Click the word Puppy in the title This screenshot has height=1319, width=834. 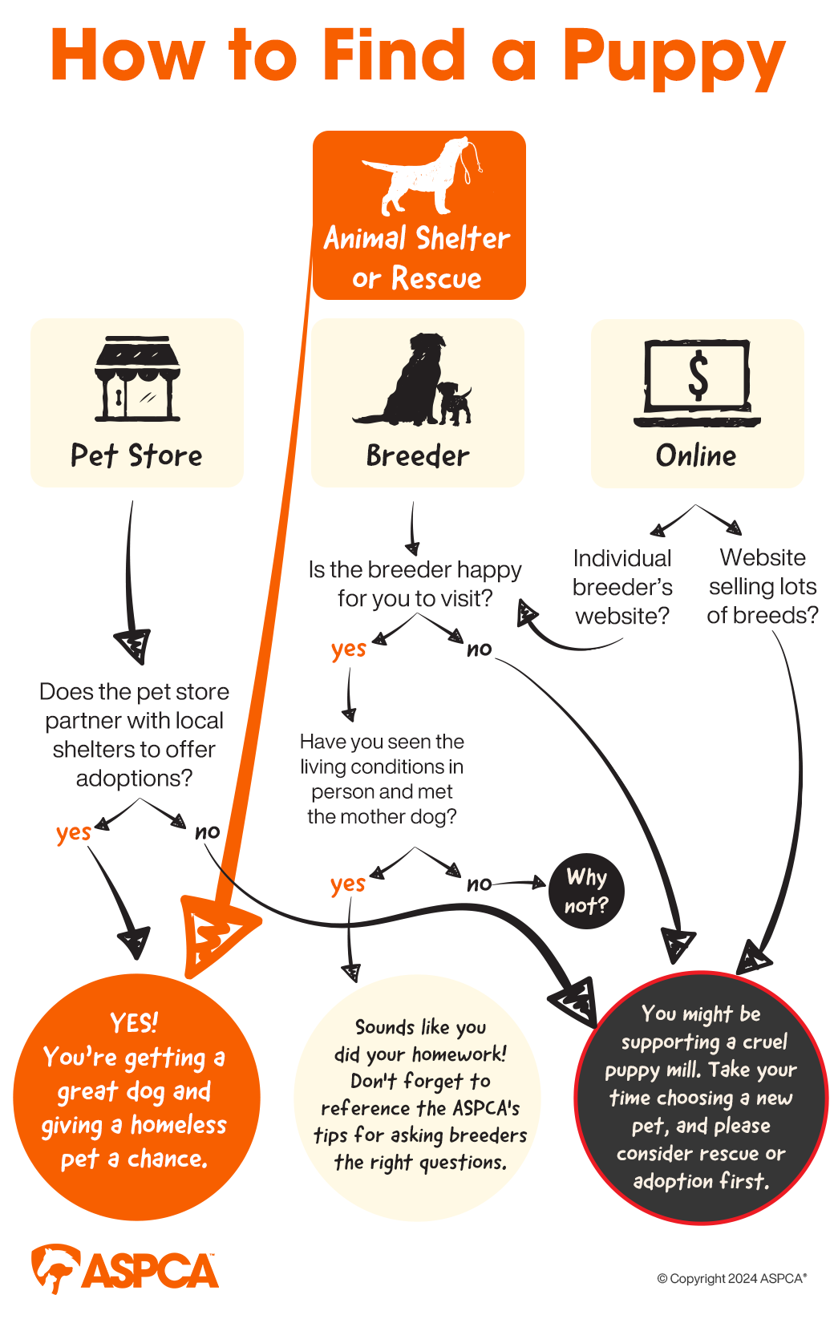673,58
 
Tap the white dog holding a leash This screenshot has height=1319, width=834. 421,176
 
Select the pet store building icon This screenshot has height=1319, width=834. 137,379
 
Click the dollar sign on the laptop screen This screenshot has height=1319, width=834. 698,374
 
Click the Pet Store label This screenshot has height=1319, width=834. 136,455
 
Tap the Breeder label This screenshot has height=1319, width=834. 417,455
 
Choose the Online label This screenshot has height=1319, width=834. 696,455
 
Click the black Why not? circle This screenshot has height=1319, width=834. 586,891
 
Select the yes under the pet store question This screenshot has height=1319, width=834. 73,832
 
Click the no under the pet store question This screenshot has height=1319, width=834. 208,831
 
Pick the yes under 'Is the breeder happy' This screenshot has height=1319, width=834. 349,649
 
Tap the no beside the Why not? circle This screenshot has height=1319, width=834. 480,884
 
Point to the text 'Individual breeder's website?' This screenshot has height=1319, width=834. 622,587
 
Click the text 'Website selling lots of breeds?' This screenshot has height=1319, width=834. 763,586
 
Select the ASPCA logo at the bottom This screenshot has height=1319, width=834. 125,1269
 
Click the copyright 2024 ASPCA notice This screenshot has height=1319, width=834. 731,1278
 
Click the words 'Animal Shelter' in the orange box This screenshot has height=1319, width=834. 417,238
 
